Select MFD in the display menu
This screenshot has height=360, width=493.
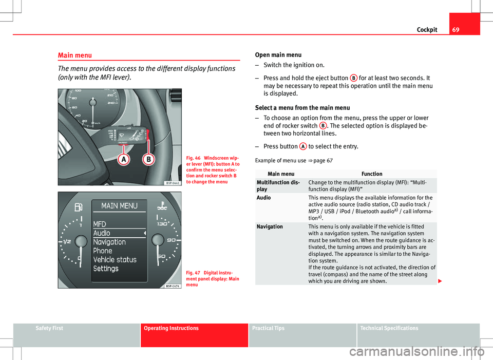[x=100, y=224]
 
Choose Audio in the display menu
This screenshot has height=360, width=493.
[x=102, y=233]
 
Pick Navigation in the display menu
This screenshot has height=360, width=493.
[x=109, y=242]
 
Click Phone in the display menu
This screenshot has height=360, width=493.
[x=103, y=251]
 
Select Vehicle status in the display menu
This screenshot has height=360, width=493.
[x=115, y=259]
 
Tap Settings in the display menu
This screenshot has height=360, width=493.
[x=106, y=269]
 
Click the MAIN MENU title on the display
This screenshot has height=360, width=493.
[x=119, y=206]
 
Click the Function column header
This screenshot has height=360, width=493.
[x=371, y=174]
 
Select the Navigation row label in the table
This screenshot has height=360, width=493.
[x=270, y=226]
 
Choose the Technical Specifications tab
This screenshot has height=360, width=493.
[x=389, y=328]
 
